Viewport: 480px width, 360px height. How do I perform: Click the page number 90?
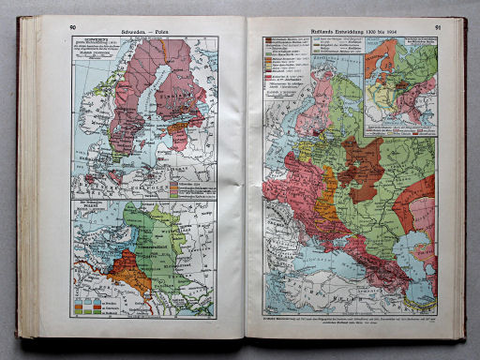click(73, 28)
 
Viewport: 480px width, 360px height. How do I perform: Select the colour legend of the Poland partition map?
click(89, 302)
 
